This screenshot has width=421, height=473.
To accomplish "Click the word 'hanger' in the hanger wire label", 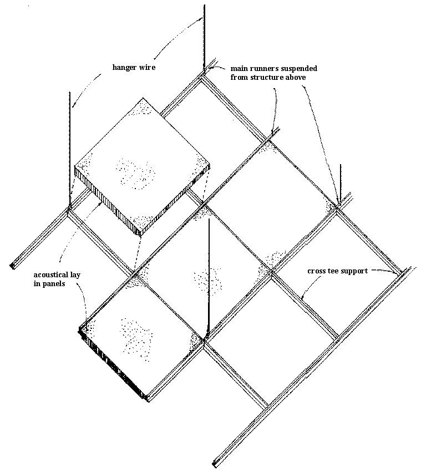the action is (x=124, y=67).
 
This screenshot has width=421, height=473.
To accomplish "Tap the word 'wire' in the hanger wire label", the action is (x=148, y=67).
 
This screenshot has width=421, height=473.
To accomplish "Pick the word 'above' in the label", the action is (x=295, y=77).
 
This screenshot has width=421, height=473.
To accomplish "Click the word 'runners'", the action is (x=264, y=69).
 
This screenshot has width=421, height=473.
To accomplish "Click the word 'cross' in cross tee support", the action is (x=316, y=271).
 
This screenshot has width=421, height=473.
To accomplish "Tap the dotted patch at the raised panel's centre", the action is (x=135, y=174).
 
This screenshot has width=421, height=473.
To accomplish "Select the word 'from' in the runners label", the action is (x=239, y=77).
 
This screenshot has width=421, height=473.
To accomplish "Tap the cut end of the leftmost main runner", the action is (x=13, y=266).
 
